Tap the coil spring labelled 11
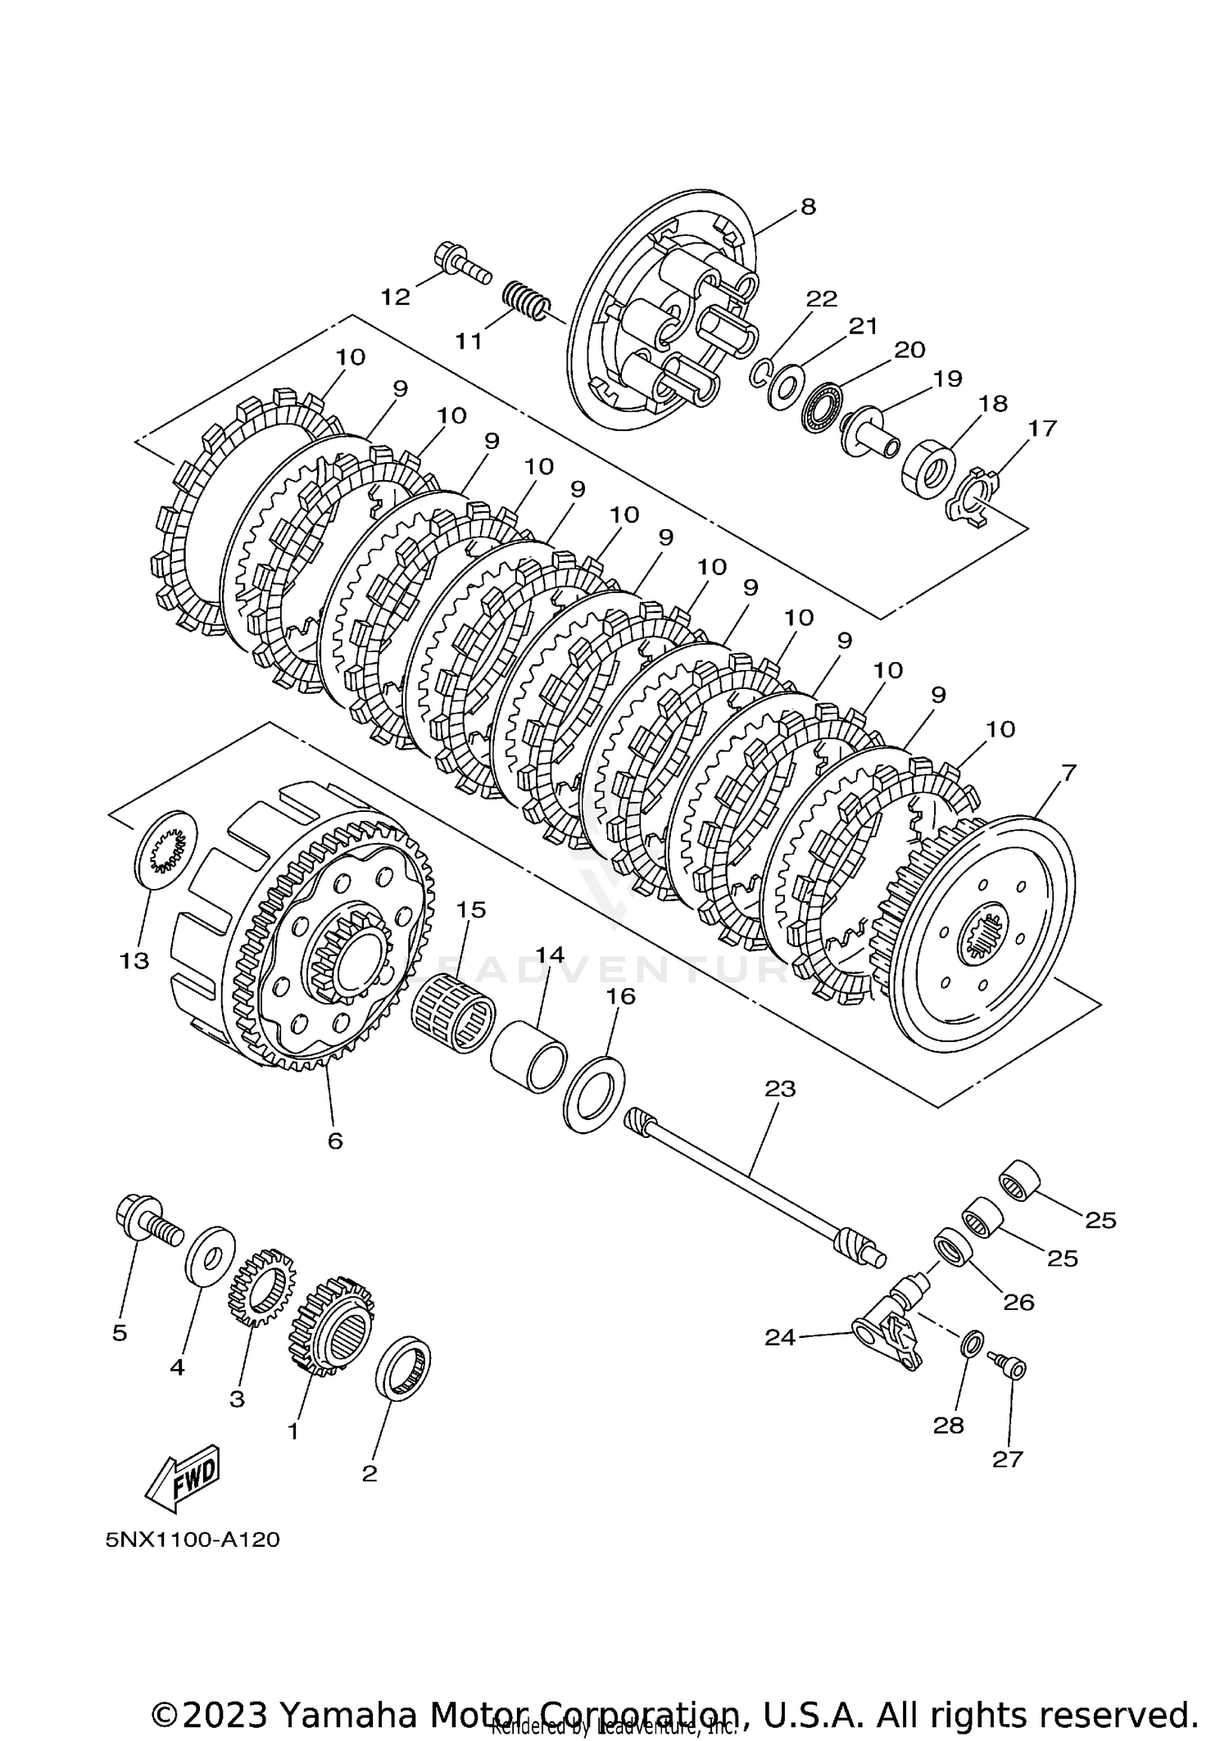point(524,301)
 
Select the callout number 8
point(808,206)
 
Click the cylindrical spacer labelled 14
point(529,1056)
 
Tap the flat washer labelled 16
point(594,1095)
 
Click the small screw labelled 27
point(1009,1366)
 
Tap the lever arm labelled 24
point(889,1333)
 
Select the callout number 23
point(779,1089)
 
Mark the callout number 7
point(1068,772)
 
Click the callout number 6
point(335,1140)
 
